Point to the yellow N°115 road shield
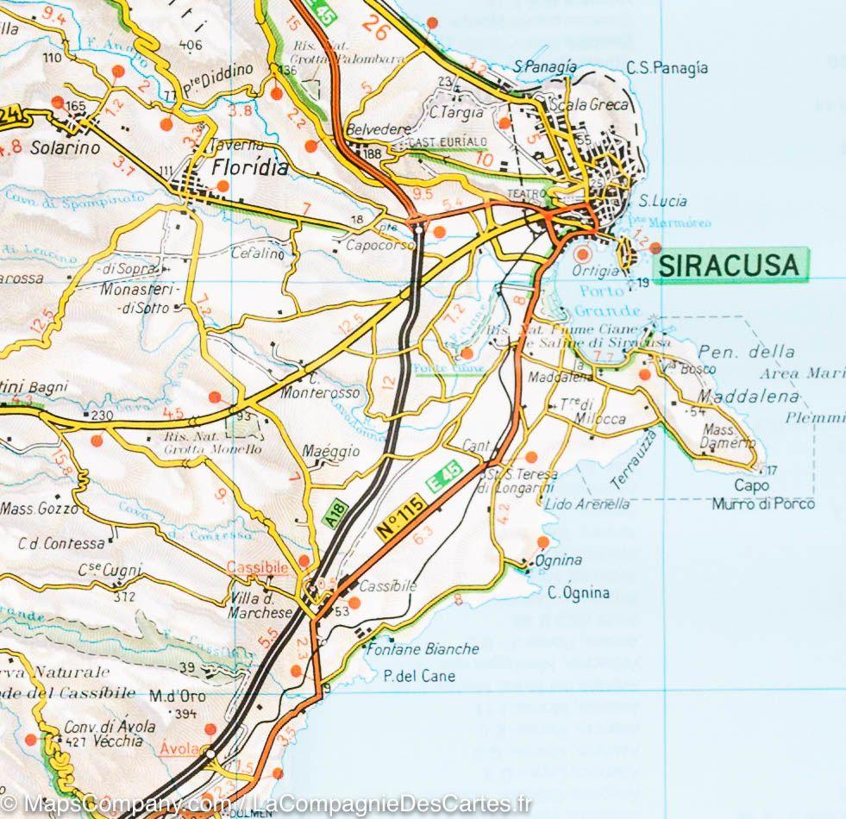click(403, 518)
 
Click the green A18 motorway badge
click(335, 514)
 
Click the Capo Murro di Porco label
click(762, 495)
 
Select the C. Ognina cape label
click(579, 592)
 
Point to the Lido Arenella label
click(587, 504)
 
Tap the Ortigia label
click(596, 270)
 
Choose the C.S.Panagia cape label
click(667, 68)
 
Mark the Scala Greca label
click(594, 105)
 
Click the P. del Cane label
click(419, 676)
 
